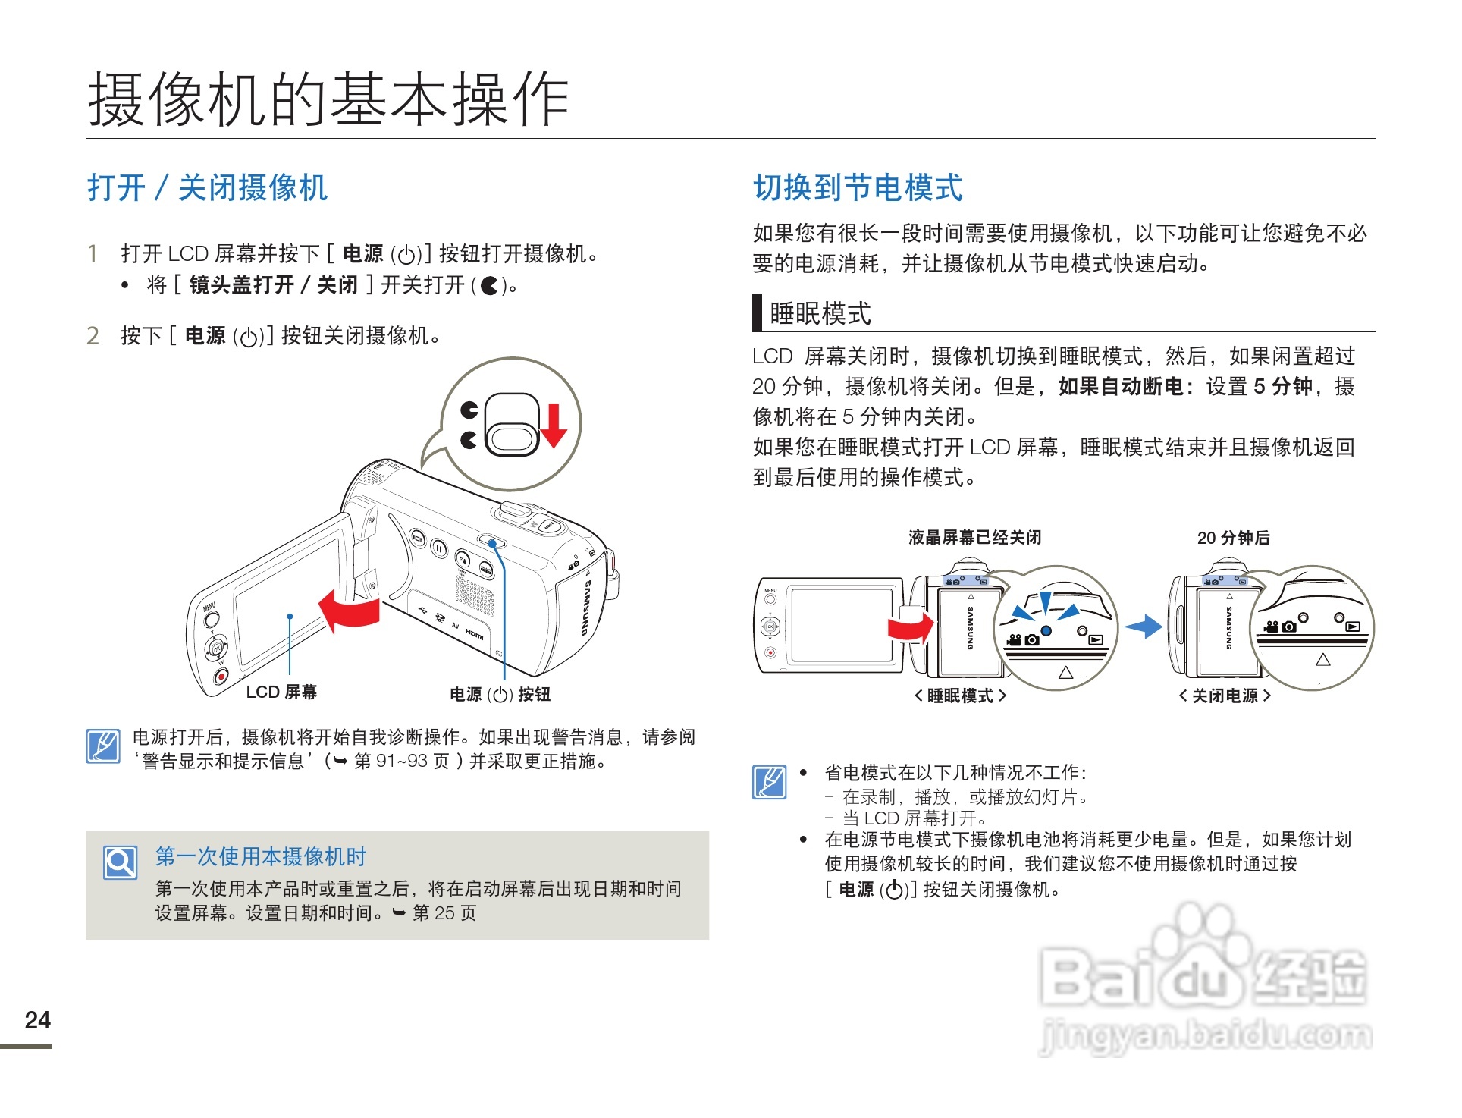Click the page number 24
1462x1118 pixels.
coord(37,1020)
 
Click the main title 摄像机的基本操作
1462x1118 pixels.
coord(328,99)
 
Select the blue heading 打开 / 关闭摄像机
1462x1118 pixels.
coord(207,187)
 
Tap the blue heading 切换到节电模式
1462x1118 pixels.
coord(858,187)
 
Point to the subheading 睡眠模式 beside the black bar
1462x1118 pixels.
coord(820,313)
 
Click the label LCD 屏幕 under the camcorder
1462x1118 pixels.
coord(281,692)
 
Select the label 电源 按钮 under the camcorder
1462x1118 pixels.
coord(500,694)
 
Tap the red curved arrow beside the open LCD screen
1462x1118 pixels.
coord(349,610)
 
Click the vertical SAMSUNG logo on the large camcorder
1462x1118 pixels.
coord(586,608)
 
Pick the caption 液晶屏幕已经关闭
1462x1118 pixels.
coord(974,538)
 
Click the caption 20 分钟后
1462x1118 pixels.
coord(1233,538)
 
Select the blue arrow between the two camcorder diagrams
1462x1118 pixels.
coord(1143,627)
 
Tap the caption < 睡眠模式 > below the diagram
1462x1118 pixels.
coord(960,696)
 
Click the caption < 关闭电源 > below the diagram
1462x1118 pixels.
coord(1225,696)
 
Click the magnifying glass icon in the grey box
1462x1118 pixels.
coord(121,862)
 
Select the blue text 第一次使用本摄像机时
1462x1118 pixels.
coord(261,856)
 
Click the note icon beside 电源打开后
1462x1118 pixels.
coord(103,746)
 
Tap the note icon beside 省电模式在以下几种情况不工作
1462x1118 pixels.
coord(770,782)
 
